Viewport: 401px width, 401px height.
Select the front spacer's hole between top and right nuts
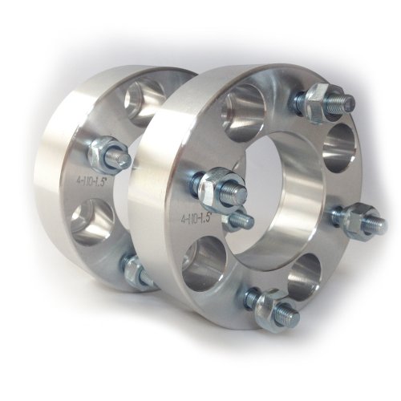pos(341,144)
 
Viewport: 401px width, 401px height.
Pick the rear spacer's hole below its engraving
pos(88,221)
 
